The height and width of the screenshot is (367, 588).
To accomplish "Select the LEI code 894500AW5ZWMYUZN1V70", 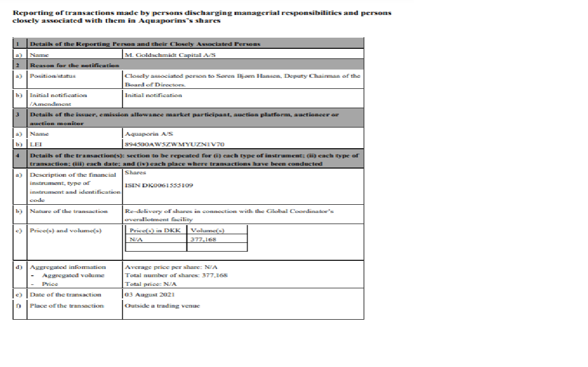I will point(174,144).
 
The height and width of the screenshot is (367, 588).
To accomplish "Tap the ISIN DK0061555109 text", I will point(159,185).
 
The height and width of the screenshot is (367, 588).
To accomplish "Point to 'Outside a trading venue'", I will point(162,306).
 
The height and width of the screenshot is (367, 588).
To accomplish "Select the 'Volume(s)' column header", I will point(208,230).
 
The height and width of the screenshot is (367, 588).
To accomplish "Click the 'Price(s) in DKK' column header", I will point(155,230).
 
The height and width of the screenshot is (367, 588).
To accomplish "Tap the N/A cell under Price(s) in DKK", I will point(136,239).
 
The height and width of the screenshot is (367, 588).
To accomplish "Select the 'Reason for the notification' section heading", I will point(74,65).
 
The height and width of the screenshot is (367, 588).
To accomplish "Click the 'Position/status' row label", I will point(53,76).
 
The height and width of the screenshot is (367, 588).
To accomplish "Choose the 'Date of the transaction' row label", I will point(66,295).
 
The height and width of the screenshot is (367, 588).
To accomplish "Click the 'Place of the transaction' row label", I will point(67,306).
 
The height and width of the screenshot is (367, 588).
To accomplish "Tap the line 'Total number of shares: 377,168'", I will point(176,275).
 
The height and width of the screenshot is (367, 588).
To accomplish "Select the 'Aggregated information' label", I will point(67,267).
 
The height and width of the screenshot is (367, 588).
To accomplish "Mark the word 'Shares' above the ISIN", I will point(135,172).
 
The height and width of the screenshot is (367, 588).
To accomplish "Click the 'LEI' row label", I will point(35,144).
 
